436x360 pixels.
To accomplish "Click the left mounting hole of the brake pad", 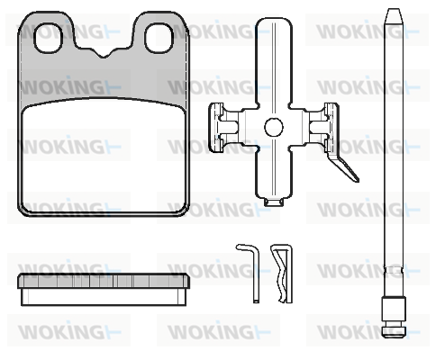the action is (x=49, y=38).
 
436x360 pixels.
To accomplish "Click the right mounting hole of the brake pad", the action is (x=159, y=38).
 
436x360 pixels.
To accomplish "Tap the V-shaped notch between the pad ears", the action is (x=104, y=53).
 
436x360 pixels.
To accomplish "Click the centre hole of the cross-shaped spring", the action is (x=274, y=127).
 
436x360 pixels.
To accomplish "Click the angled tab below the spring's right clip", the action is (x=344, y=166).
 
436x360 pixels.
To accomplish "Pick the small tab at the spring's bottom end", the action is (x=274, y=202).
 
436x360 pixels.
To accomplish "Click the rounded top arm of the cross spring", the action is (x=274, y=60).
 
